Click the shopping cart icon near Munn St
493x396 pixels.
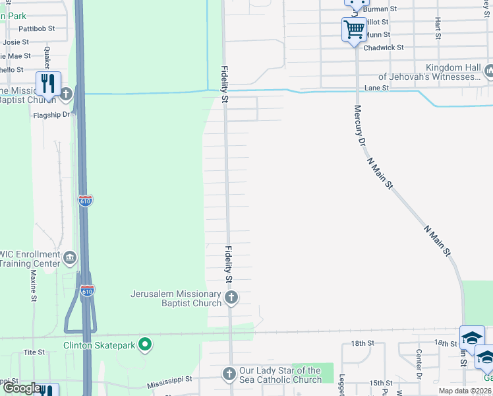tap(354, 30)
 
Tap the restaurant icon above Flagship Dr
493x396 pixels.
tap(48, 83)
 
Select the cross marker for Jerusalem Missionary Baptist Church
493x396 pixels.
tap(231, 298)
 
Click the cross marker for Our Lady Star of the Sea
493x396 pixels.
tap(229, 374)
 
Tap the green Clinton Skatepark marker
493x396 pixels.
tap(146, 344)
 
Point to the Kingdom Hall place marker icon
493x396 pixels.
tap(489, 71)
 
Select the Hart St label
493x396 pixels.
tap(438, 28)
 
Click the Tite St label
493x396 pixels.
tap(34, 353)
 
